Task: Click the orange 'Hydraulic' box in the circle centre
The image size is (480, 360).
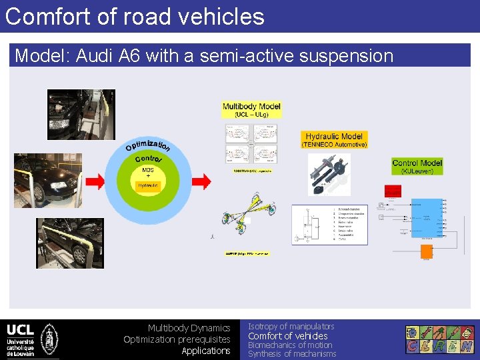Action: pos(147,186)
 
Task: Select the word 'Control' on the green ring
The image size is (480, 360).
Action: pos(148,159)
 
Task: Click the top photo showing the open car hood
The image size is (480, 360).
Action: pos(71,114)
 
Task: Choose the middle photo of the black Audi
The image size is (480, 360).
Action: pos(48,180)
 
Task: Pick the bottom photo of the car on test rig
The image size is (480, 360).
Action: pos(70,243)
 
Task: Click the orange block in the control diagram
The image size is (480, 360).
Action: pos(426,253)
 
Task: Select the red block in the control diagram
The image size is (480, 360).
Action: pos(393,191)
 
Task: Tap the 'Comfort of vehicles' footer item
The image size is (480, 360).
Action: pos(287,336)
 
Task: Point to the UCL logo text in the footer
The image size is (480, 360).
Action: pos(20,330)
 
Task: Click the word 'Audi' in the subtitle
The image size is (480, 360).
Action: pos(97,56)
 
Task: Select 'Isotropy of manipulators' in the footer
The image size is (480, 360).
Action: pos(291,326)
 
